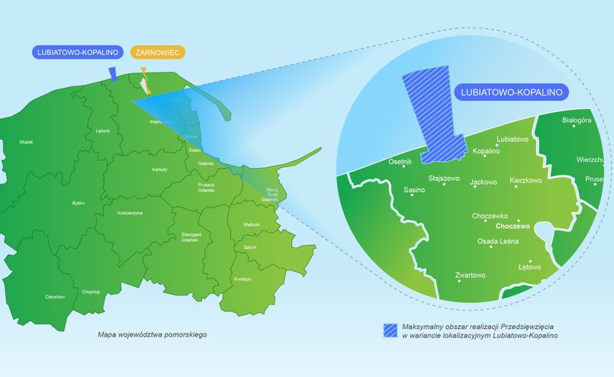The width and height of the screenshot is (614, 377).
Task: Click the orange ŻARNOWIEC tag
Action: tap(157, 53)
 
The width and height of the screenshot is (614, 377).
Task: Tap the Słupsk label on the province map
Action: tap(27, 142)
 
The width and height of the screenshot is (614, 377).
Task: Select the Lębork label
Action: tap(103, 130)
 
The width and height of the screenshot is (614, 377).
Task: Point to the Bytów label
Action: tap(79, 203)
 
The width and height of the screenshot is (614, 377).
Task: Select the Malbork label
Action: tap(252, 224)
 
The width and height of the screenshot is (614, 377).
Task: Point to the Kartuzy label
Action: tap(159, 169)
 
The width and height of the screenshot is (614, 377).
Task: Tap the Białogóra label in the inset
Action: tap(576, 121)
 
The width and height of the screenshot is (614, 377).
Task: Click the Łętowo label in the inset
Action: tap(529, 267)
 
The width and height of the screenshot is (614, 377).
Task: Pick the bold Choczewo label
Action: tap(513, 227)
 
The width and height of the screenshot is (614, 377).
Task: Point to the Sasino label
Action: tap(414, 190)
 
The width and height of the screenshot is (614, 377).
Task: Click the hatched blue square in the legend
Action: tap(391, 330)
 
